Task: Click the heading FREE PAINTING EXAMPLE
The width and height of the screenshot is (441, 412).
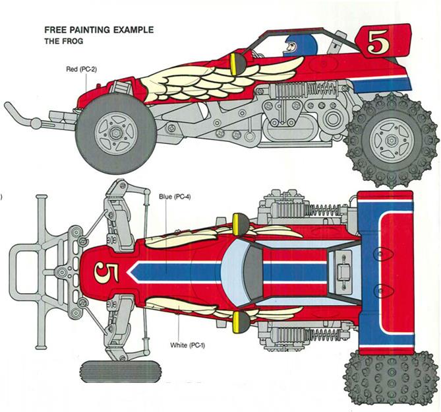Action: click(99, 30)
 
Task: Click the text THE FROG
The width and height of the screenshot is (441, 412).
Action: click(64, 41)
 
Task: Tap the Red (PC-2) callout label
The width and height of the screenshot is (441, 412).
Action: click(81, 69)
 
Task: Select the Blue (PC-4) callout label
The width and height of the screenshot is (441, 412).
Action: click(175, 197)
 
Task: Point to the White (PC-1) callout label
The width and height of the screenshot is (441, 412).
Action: click(187, 345)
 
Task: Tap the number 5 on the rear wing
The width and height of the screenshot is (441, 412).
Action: click(378, 42)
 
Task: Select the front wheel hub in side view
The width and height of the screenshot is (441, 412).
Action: click(116, 133)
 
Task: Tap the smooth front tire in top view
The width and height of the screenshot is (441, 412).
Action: click(121, 372)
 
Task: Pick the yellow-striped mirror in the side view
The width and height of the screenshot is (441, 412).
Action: click(237, 64)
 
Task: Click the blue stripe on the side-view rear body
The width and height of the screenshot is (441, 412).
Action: click(382, 85)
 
